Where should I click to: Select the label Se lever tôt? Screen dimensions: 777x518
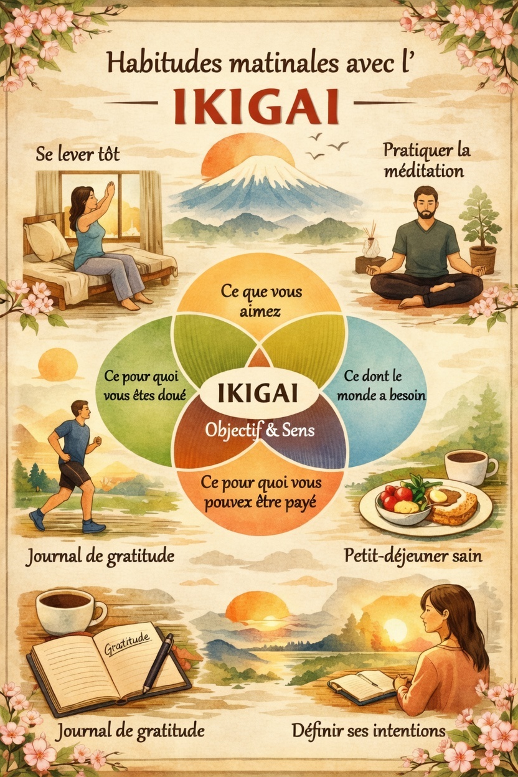click(69, 153)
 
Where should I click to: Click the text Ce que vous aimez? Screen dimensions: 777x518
click(258, 300)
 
